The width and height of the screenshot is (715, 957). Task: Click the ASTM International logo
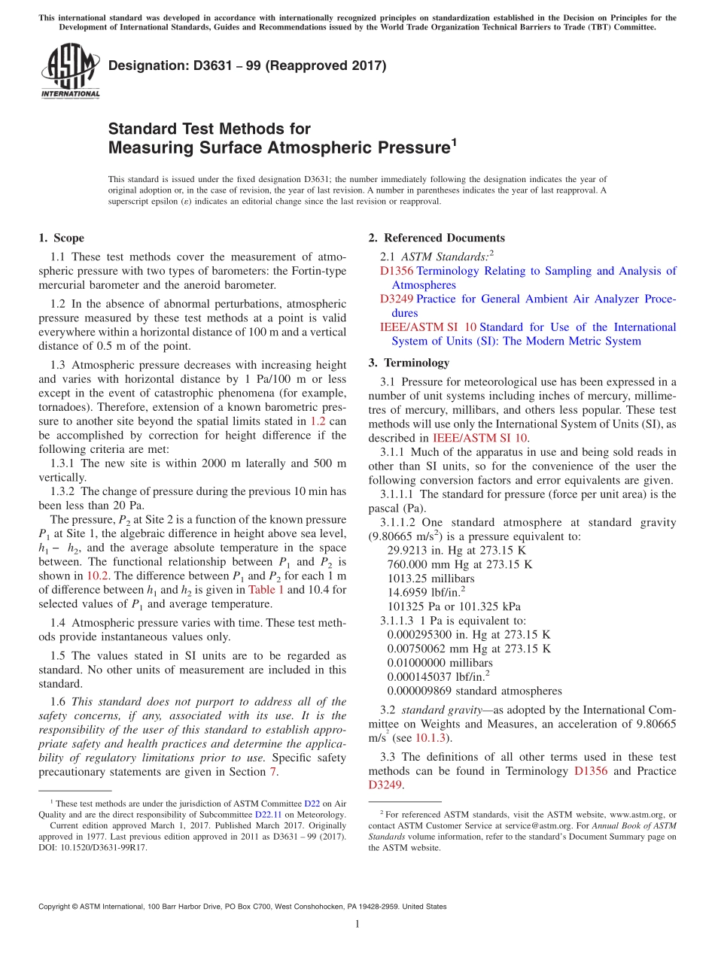tap(70, 71)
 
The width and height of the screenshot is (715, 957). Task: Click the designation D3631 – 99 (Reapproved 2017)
tap(248, 65)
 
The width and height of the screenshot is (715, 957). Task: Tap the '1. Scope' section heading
tap(61, 238)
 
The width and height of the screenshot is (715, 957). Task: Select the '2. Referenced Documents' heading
tap(437, 238)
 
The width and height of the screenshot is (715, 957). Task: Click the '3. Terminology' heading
tap(409, 363)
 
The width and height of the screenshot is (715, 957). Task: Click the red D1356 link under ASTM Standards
tap(397, 271)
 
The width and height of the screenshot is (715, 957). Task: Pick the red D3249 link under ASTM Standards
tap(397, 299)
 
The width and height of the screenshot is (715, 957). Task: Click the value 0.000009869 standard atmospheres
tap(474, 691)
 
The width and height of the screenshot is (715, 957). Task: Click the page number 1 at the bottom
tap(357, 925)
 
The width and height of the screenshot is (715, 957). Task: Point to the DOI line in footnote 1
tap(93, 847)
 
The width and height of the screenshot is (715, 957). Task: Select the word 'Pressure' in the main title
tap(411, 148)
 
